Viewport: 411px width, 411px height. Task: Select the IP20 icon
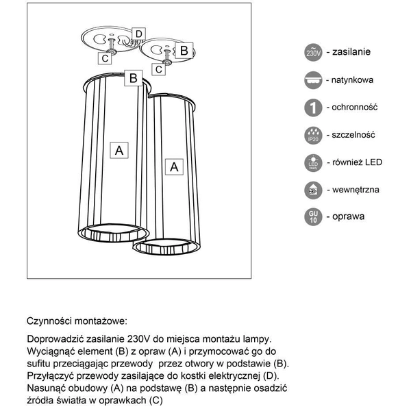coord(312,136)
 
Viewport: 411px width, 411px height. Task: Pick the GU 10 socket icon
coord(312,218)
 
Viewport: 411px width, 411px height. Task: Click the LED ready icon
coord(312,163)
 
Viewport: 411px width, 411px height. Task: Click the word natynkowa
coord(353,80)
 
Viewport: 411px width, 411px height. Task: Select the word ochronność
coord(355,108)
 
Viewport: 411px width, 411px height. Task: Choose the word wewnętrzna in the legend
coord(356,190)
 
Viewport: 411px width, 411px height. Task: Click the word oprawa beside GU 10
coord(349,217)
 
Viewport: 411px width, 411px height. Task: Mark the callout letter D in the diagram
coord(138,34)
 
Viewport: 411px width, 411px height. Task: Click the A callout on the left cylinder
coord(119,149)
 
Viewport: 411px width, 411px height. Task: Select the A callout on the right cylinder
coord(173,166)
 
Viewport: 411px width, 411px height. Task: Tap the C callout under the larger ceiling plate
coord(105,59)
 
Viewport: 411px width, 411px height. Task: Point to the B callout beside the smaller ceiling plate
coord(183,50)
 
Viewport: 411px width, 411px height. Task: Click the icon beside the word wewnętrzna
coord(312,190)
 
